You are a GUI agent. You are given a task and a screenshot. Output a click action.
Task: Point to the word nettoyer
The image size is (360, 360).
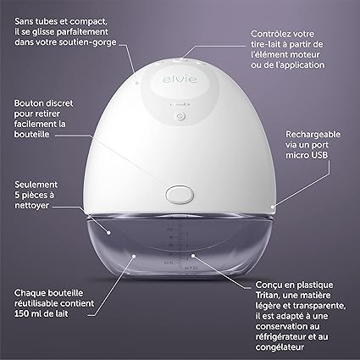click(36, 206)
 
